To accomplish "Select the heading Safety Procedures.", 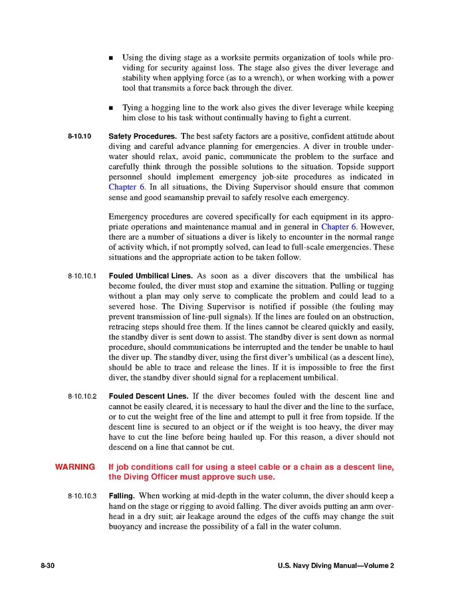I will click(x=142, y=136).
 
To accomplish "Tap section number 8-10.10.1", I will click(x=82, y=275).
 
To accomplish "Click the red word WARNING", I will click(x=75, y=467).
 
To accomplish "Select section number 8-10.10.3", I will click(x=82, y=496).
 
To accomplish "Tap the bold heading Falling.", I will click(x=122, y=496).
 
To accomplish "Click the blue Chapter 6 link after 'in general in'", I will click(x=337, y=227).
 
